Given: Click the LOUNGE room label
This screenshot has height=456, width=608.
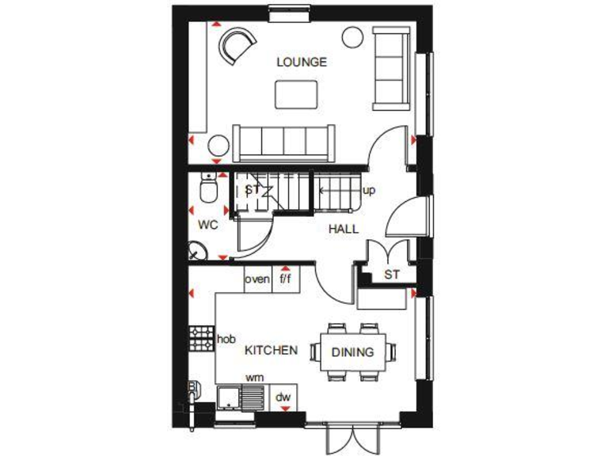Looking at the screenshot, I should [x=301, y=62].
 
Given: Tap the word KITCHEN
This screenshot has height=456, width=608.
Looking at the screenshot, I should [x=271, y=350].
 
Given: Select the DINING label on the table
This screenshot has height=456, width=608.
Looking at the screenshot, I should [x=352, y=353].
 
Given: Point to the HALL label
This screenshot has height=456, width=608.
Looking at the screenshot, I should [x=344, y=229].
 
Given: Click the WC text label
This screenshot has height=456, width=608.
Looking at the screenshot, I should [x=207, y=225].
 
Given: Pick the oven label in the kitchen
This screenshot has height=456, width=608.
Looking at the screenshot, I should [x=256, y=279].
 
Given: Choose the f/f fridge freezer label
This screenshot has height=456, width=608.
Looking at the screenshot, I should [x=286, y=279].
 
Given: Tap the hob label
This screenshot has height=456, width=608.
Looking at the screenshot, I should [x=226, y=339].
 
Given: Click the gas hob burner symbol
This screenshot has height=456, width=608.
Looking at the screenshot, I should [x=201, y=339].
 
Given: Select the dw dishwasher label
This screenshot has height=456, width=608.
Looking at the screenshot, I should [x=283, y=397].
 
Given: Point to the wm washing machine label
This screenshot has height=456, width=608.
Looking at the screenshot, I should [x=254, y=378].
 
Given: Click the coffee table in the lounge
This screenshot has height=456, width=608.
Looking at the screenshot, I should [x=297, y=93].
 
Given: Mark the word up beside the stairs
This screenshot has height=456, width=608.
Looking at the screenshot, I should [x=368, y=191].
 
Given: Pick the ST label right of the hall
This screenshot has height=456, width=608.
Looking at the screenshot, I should [x=391, y=275].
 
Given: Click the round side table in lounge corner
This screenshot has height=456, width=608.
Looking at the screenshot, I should [x=352, y=36].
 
